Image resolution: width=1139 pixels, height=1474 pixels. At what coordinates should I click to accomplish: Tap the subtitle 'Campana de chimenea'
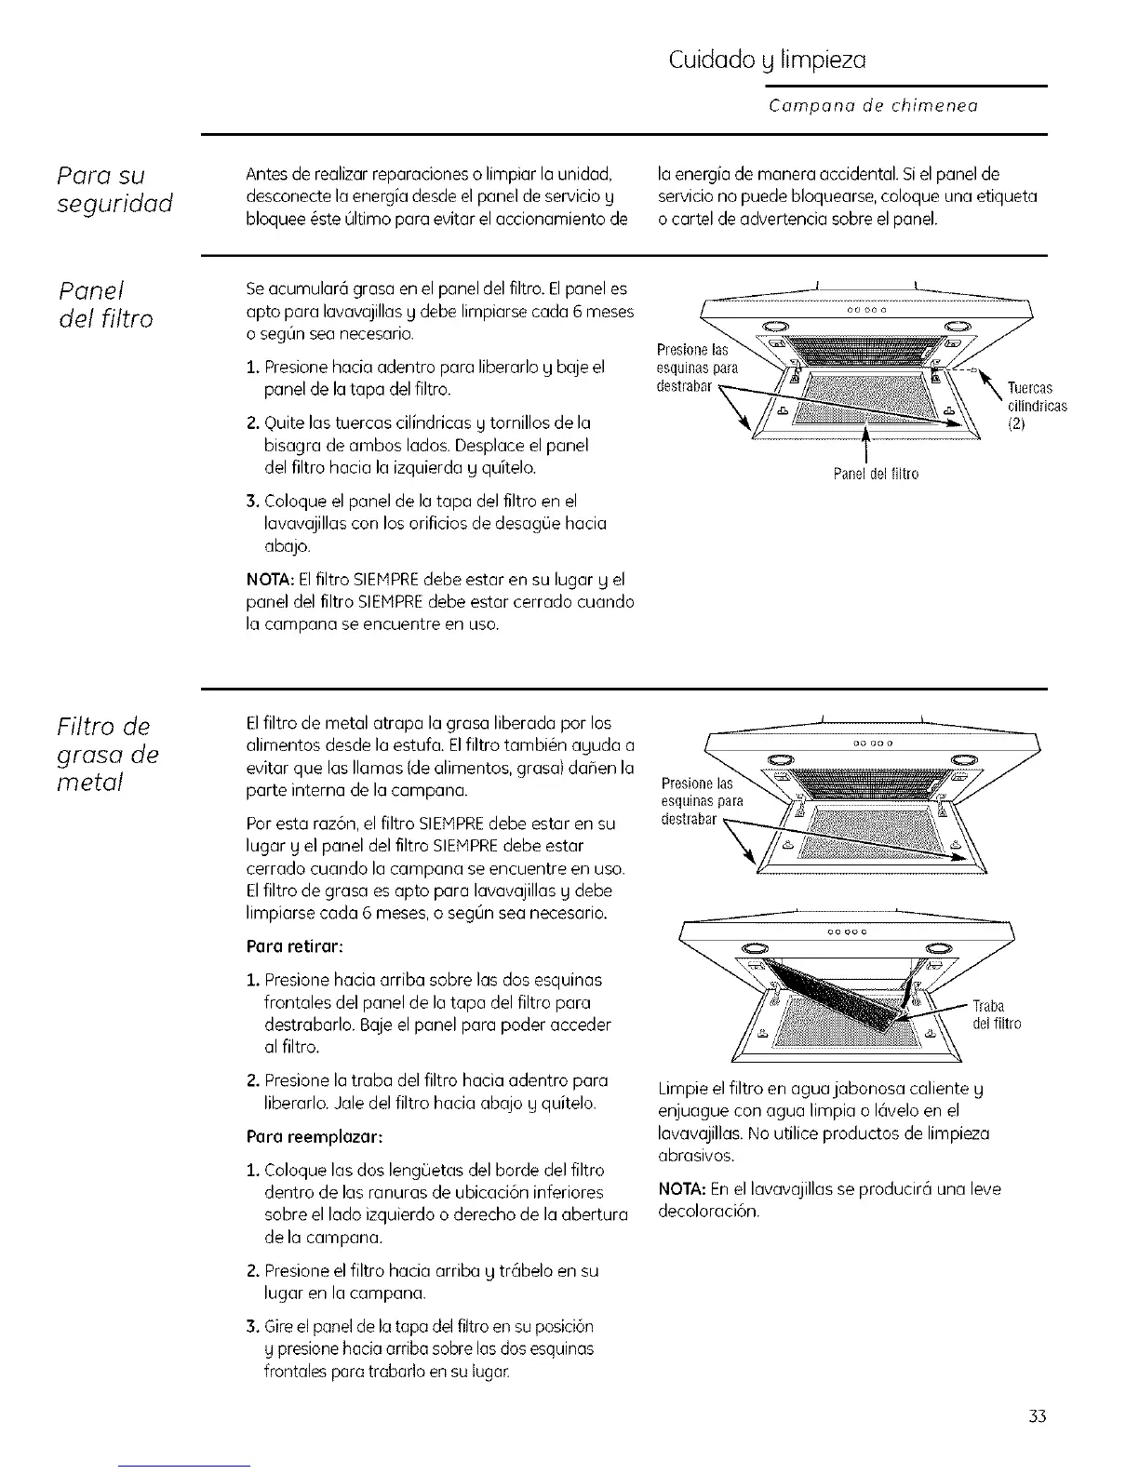pyautogui.click(x=873, y=106)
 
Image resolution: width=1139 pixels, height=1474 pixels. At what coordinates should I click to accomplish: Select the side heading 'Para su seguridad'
pyautogui.click(x=113, y=189)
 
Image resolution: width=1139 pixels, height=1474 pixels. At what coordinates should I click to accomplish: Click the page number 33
pyautogui.click(x=1038, y=1416)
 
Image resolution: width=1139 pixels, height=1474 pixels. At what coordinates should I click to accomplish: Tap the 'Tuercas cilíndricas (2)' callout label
pyautogui.click(x=1036, y=406)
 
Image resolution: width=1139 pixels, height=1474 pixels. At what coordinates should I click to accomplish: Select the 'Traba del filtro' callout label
pyautogui.click(x=996, y=1015)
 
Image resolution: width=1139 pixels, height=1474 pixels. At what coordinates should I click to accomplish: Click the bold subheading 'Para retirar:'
pyautogui.click(x=296, y=946)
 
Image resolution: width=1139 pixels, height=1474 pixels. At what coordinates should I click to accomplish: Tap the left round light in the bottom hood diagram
pyautogui.click(x=753, y=950)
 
